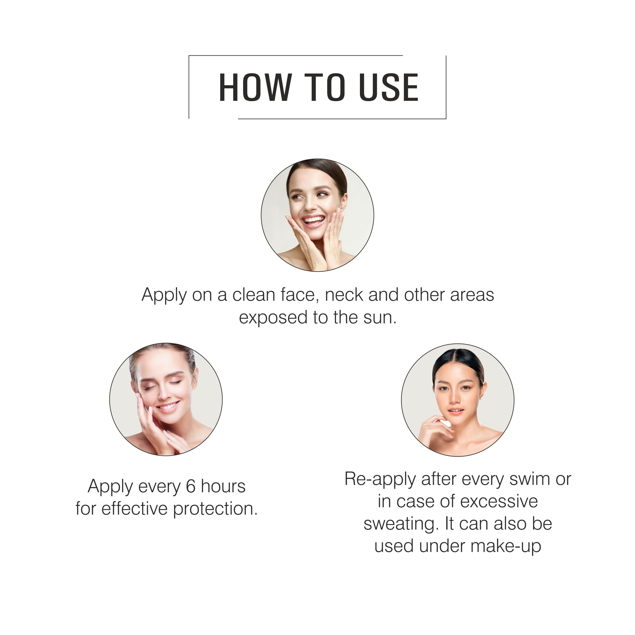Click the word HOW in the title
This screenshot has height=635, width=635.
pyautogui.click(x=255, y=87)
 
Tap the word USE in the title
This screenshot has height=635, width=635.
pyautogui.click(x=389, y=87)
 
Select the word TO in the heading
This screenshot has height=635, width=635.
pyautogui.click(x=325, y=87)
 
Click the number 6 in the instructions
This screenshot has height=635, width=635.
pyautogui.click(x=191, y=487)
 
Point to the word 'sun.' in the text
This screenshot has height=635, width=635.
pyautogui.click(x=380, y=317)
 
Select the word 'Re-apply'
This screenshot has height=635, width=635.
pyautogui.click(x=380, y=480)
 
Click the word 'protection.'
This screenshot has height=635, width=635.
pyautogui.click(x=215, y=509)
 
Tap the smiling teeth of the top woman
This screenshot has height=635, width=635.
pyautogui.click(x=313, y=219)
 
